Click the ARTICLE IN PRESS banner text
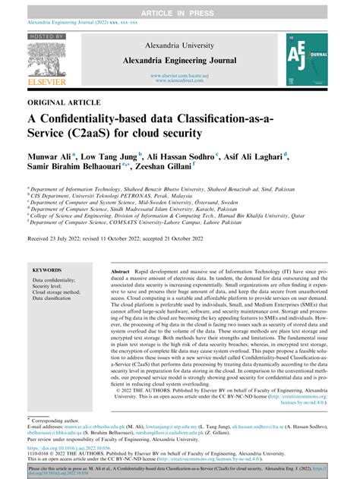180,6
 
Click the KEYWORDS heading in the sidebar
48,270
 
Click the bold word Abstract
122,271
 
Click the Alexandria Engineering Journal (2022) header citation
61,23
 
